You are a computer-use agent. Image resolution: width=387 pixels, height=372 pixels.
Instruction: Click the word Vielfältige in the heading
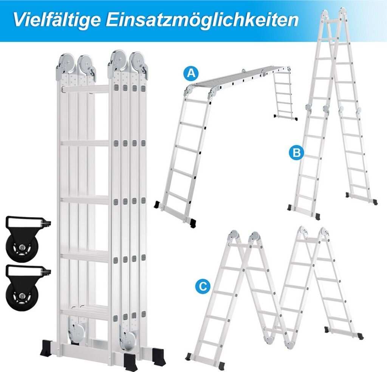tap(57, 19)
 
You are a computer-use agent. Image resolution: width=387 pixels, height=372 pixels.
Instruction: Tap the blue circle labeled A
tap(191, 73)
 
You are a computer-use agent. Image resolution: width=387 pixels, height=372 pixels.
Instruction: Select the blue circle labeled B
tap(296, 153)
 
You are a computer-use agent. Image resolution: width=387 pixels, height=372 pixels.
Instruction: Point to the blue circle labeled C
tap(203, 286)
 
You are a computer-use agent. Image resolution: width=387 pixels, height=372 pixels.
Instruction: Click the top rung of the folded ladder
tap(85, 89)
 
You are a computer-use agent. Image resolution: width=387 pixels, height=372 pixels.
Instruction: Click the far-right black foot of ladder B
tap(375, 202)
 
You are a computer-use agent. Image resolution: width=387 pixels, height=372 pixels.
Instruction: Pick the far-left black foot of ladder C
tap(189, 356)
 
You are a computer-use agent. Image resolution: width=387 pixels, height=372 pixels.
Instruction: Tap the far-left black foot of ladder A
tap(157, 205)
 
